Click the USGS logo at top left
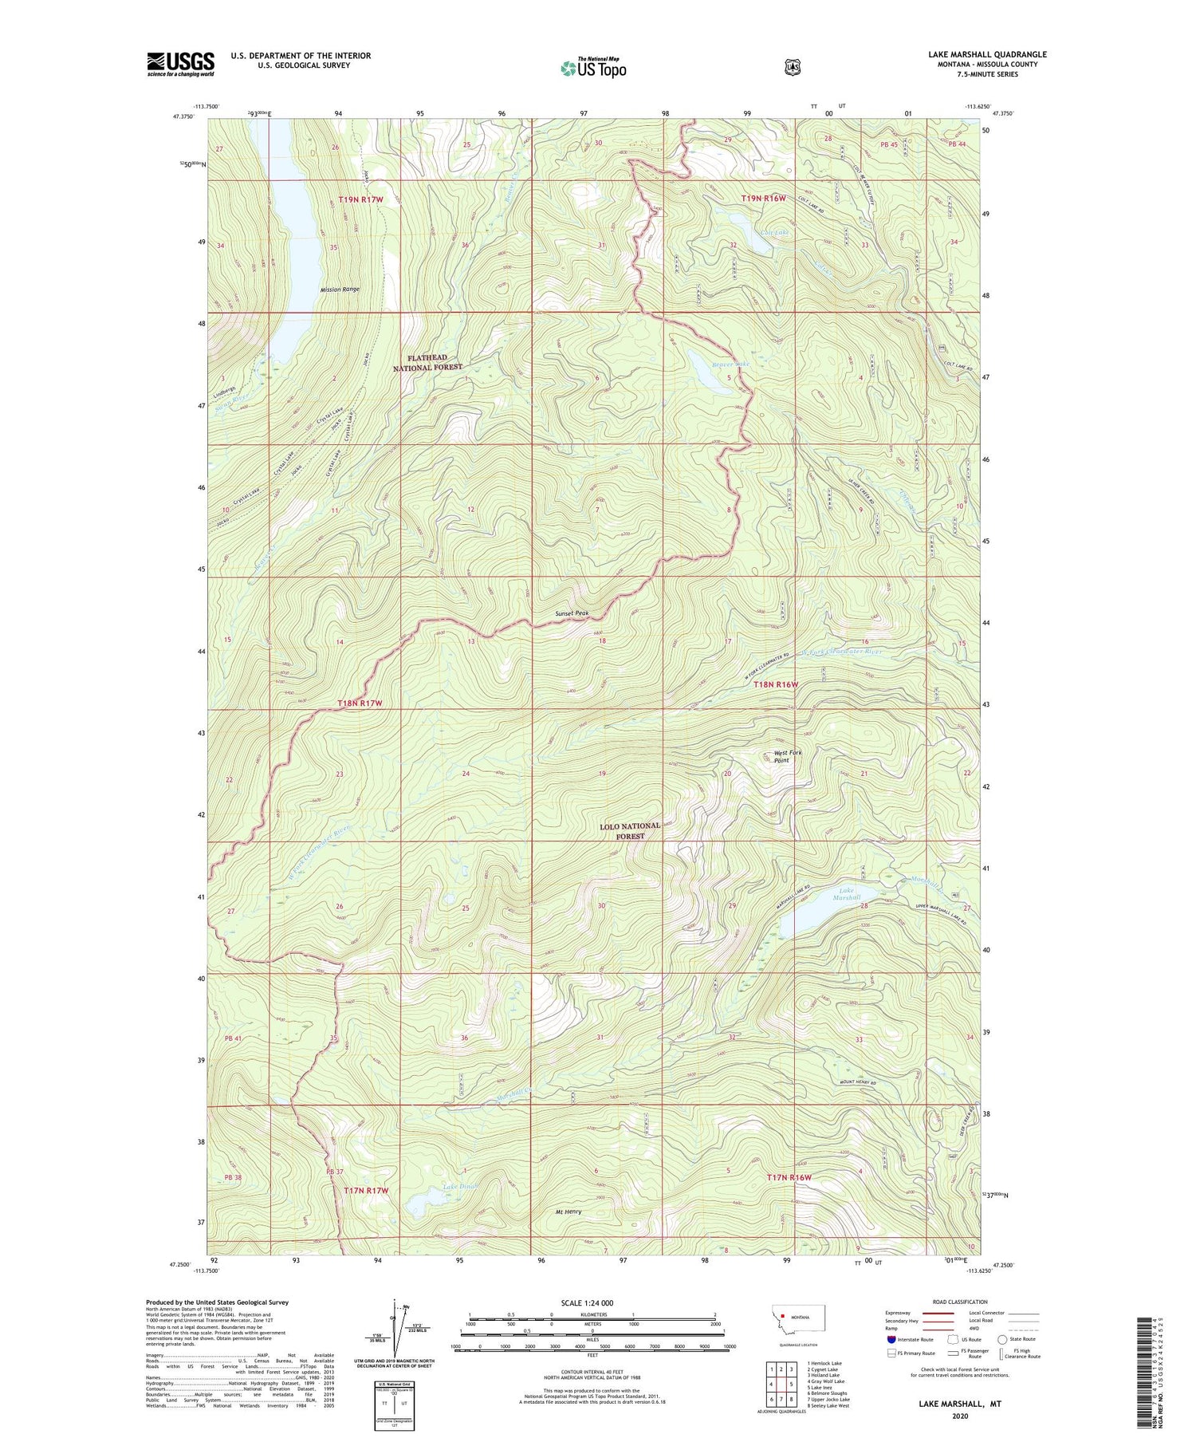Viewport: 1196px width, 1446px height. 180,64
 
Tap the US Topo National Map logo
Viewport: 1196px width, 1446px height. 593,68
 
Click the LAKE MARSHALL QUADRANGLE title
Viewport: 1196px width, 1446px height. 987,54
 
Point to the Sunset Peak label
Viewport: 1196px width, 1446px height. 572,613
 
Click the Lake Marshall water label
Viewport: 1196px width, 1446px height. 847,894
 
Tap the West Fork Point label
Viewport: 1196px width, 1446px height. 788,756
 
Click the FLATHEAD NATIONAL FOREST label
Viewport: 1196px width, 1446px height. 427,363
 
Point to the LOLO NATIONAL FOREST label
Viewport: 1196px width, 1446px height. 630,831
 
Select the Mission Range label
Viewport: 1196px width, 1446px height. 340,290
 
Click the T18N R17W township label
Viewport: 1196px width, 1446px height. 360,703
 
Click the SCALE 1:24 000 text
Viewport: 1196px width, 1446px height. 587,1303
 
